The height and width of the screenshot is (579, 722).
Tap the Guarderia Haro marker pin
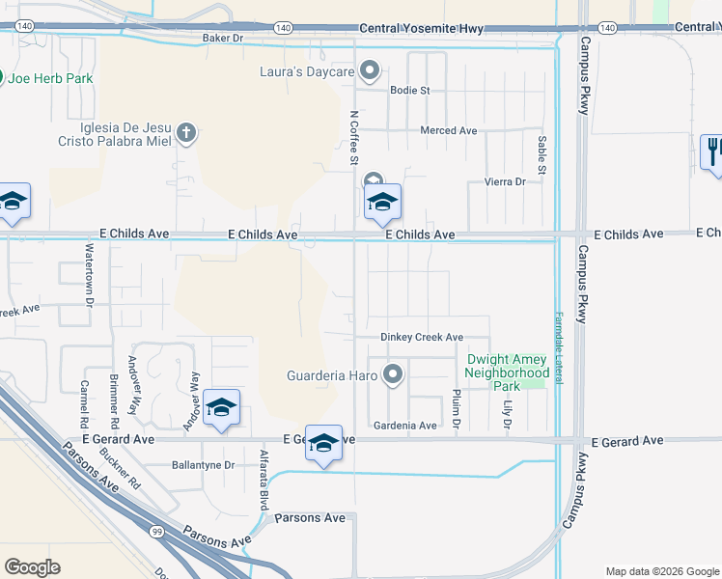point(393,374)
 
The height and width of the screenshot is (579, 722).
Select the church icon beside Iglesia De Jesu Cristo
point(187,133)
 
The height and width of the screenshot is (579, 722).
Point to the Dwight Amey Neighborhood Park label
point(507,372)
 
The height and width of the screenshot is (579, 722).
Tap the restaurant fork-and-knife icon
point(713,151)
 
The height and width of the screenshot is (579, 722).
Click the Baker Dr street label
point(220,39)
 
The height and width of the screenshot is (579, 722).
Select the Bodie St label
point(409,90)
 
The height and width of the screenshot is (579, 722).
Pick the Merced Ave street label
point(449,130)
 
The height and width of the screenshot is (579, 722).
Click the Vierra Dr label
point(505,181)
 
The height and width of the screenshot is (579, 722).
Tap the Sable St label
point(541,155)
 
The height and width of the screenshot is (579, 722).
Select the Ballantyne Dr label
point(203,464)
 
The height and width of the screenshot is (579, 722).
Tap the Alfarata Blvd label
point(263,481)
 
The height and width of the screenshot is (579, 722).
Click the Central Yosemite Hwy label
point(421,29)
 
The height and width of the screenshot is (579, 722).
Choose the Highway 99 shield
point(155,531)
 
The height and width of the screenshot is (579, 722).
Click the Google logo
point(32,566)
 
